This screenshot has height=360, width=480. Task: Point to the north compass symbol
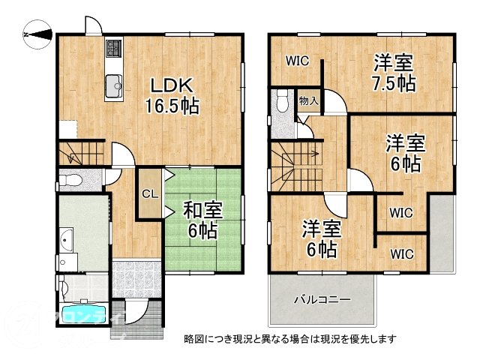(x=36, y=33)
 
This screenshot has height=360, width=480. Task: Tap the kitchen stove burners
(x=114, y=49)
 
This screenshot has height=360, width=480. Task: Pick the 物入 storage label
(x=307, y=100)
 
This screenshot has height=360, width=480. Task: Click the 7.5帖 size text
(x=396, y=83)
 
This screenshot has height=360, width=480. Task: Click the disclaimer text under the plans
(x=289, y=339)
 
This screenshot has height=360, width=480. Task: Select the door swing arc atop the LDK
(x=92, y=25)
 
